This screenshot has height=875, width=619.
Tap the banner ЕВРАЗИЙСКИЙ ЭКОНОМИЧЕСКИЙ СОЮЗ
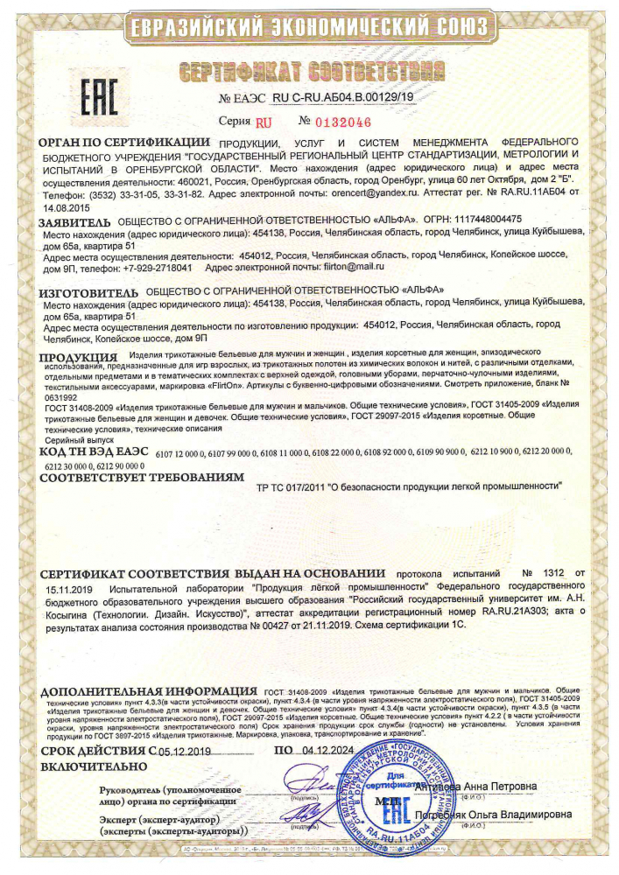[x=310, y=27]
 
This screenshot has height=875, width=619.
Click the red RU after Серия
[x=264, y=122]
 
